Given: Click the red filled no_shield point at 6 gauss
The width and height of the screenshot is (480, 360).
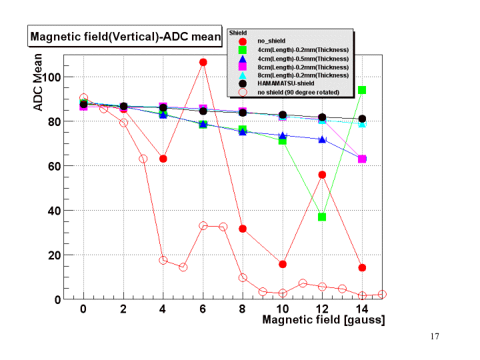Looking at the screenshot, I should (x=203, y=62).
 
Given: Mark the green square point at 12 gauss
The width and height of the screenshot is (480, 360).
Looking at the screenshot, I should (x=322, y=217).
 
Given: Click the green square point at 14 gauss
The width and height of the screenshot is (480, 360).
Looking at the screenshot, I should (x=362, y=90).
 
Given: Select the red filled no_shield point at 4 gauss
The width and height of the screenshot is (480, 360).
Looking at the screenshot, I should (x=163, y=159).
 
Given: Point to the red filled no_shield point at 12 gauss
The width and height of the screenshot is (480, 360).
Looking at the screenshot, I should (x=322, y=175).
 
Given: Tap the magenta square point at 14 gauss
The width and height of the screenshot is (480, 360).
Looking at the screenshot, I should (x=362, y=159).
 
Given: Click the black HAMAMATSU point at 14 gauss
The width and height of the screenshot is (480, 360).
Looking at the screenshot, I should (x=362, y=119).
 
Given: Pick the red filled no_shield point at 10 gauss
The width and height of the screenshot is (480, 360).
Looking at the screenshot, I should (x=283, y=264).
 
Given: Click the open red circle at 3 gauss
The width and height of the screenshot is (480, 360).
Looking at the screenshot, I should (x=143, y=159).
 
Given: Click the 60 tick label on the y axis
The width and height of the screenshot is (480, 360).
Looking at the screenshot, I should (x=53, y=166).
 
